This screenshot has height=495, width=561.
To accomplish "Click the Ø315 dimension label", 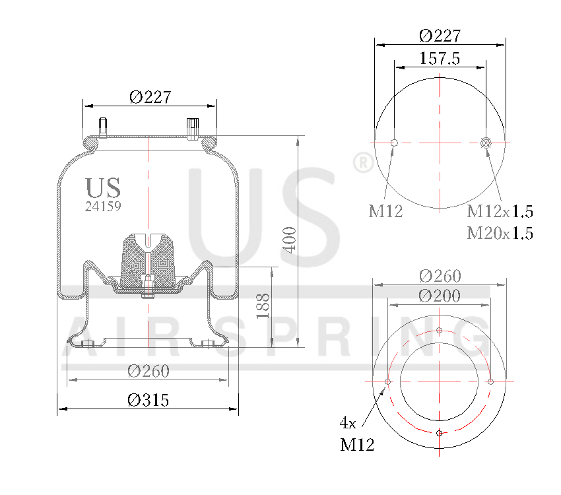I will click(148, 400).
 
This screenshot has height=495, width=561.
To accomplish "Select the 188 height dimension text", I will click(263, 306).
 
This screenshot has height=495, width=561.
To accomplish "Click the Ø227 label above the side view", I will click(150, 97).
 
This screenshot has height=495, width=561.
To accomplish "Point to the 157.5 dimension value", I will click(440, 58).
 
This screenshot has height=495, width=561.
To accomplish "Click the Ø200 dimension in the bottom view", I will click(440, 296).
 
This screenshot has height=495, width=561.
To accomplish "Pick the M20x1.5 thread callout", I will click(500, 233).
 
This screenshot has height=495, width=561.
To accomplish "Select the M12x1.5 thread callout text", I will click(500, 212).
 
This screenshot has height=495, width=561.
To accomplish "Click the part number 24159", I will click(103, 206).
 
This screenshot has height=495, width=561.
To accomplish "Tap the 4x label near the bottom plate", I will click(348, 421).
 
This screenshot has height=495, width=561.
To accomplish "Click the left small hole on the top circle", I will click(394, 143).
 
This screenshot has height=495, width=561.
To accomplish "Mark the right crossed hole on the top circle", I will click(486, 143).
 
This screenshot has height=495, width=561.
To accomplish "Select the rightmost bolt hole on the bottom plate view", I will click(490, 381).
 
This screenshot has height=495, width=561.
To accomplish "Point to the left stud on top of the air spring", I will click(104, 127).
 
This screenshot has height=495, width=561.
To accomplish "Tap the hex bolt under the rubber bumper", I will click(148, 286).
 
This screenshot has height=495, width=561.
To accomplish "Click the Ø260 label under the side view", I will click(148, 371).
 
